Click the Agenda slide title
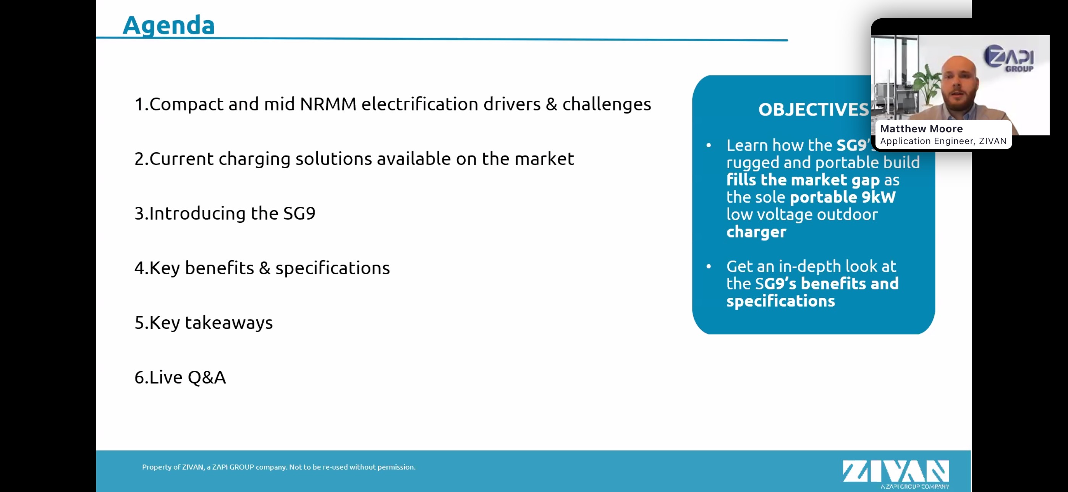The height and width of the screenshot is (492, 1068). pyautogui.click(x=169, y=26)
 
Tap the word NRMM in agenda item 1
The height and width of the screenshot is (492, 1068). pyautogui.click(x=328, y=104)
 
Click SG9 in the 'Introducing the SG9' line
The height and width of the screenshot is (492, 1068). pyautogui.click(x=299, y=213)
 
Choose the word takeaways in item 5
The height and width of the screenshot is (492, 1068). pyautogui.click(x=229, y=323)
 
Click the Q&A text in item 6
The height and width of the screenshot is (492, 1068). pyautogui.click(x=207, y=377)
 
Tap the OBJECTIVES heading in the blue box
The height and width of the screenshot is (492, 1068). pyautogui.click(x=814, y=110)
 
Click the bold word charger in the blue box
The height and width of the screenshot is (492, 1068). pyautogui.click(x=756, y=232)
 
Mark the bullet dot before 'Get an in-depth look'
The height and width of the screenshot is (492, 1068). pyautogui.click(x=709, y=266)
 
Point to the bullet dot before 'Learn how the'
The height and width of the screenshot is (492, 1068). pyautogui.click(x=709, y=145)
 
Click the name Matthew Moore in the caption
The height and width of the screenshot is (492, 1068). pyautogui.click(x=921, y=129)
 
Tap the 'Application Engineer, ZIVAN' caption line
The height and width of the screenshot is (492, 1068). pyautogui.click(x=943, y=141)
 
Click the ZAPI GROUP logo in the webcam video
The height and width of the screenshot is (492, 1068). pyautogui.click(x=1009, y=58)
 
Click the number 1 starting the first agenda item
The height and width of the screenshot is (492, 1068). pyautogui.click(x=139, y=105)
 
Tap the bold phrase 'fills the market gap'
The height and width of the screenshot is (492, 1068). pyautogui.click(x=803, y=180)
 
